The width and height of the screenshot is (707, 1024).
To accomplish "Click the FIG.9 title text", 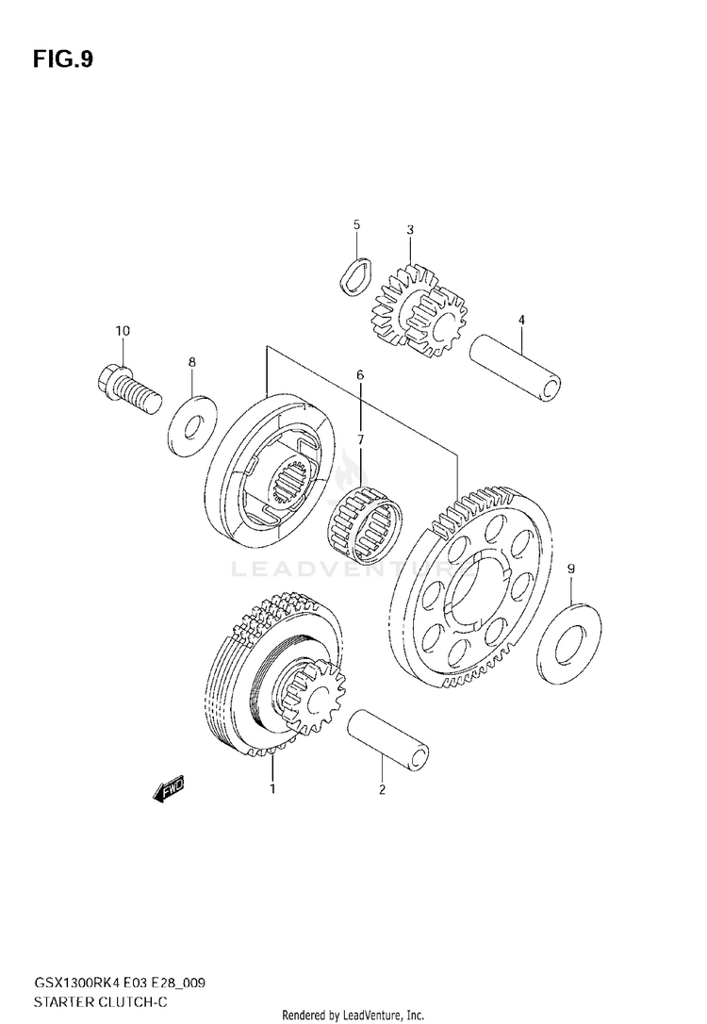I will pos(62,60).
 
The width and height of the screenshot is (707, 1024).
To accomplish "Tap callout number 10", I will pos(123,331).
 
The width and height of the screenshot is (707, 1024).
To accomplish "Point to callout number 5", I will pos(356,224).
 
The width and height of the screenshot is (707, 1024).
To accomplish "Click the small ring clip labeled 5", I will pos(353,278).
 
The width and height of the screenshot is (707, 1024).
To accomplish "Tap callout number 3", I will pos(410,229).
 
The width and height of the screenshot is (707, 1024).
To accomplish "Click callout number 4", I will pos(519,320).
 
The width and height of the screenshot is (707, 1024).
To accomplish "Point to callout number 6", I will pos(359,375).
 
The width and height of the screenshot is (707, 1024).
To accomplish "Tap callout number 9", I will pos(570,569).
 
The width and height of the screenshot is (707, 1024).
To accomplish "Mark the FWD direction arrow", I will pos(169,789).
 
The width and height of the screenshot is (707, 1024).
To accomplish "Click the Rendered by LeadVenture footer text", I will pos(353,1015).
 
